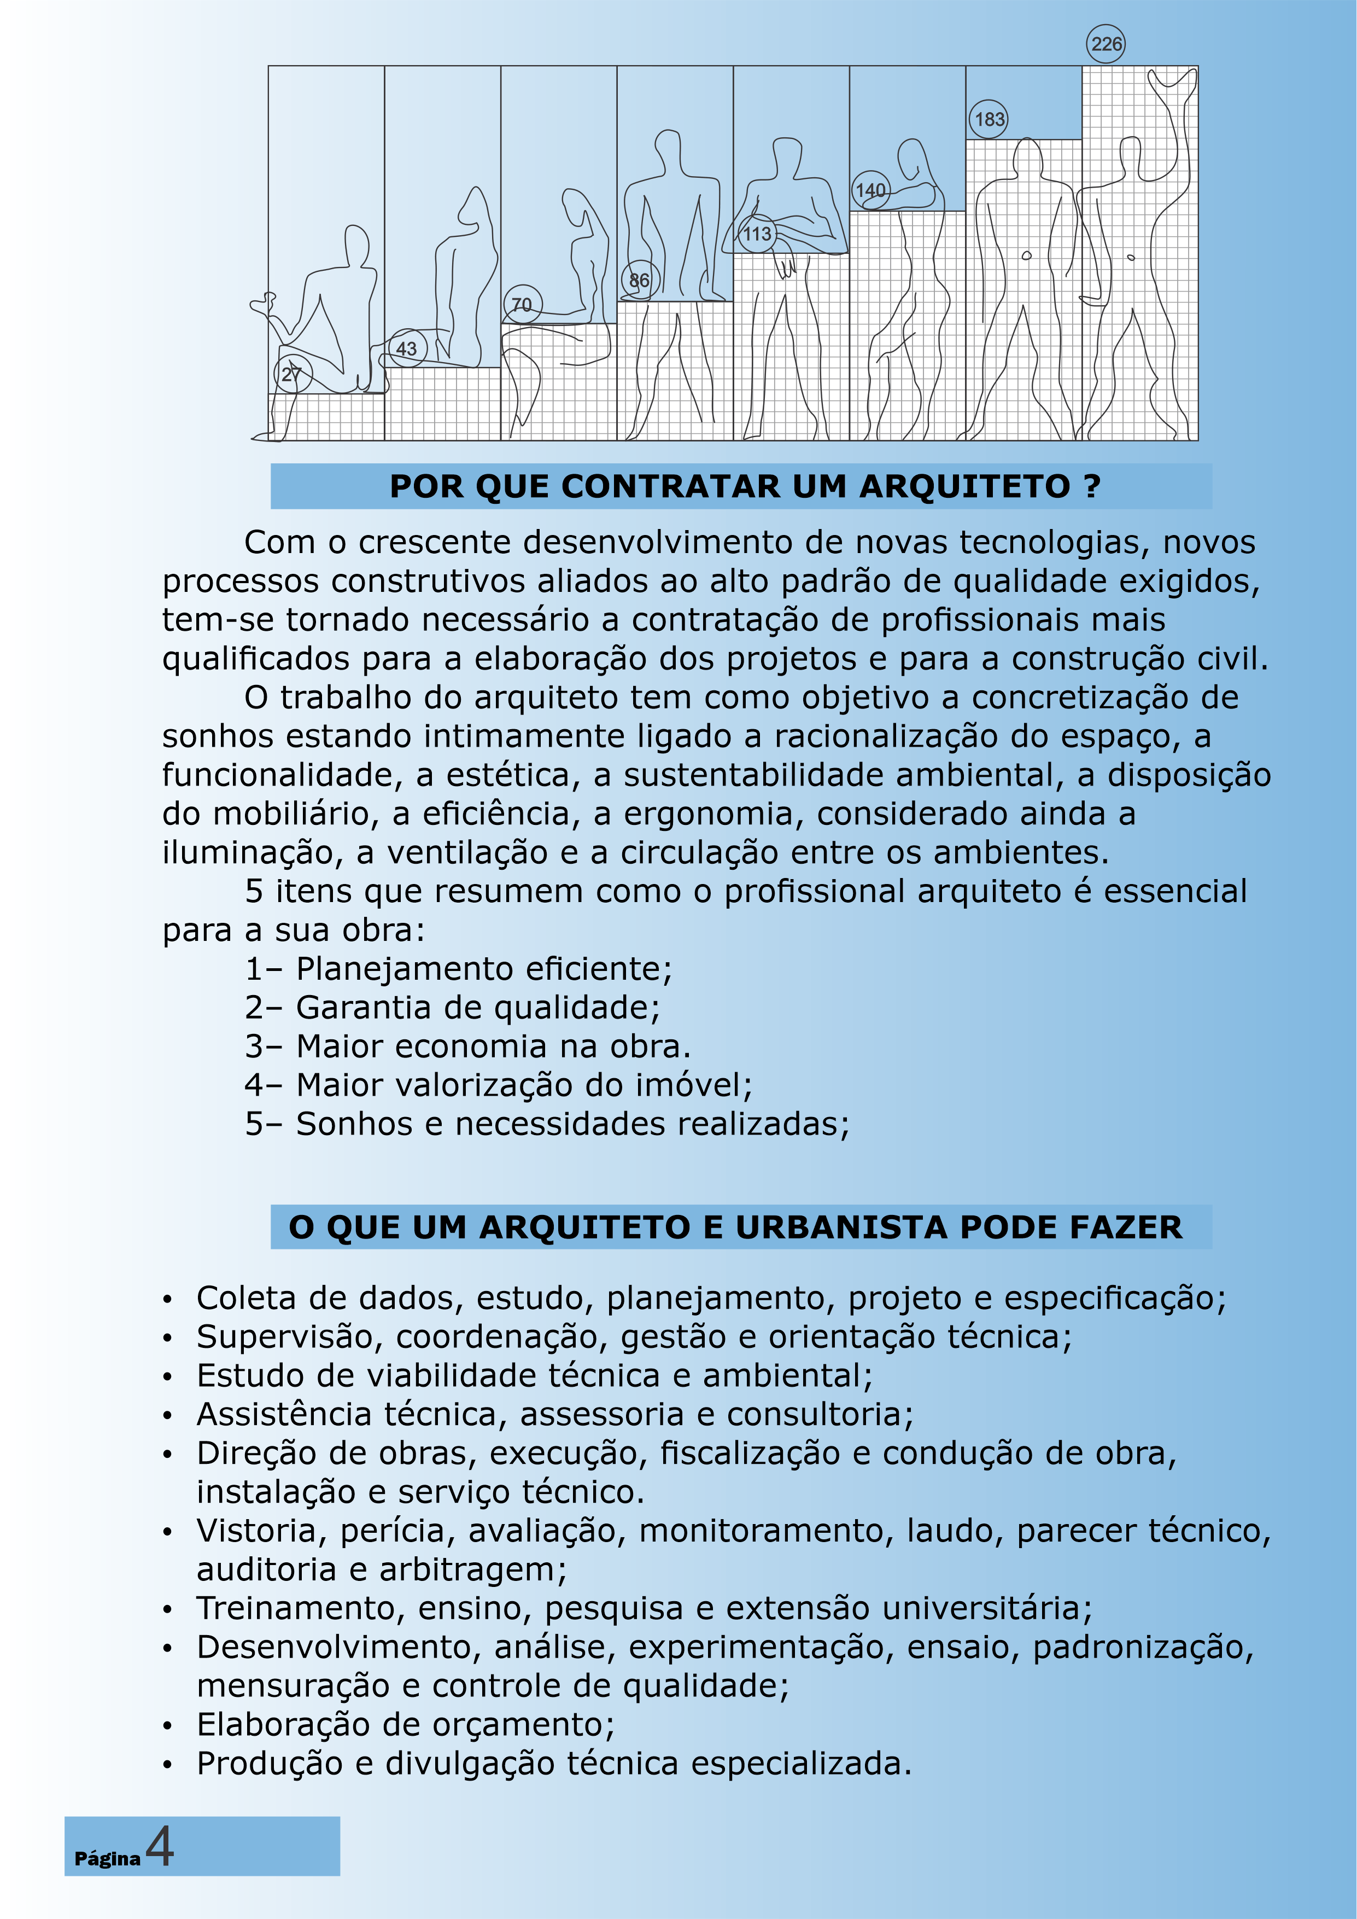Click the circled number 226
(x=1107, y=44)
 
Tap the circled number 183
(x=990, y=119)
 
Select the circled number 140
(x=871, y=190)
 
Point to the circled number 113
(x=757, y=234)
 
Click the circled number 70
(x=522, y=305)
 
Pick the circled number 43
(x=406, y=348)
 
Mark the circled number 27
(x=291, y=374)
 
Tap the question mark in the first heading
(x=1093, y=486)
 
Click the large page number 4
(x=160, y=1846)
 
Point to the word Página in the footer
(x=107, y=1858)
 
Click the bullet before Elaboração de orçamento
(x=168, y=1725)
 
